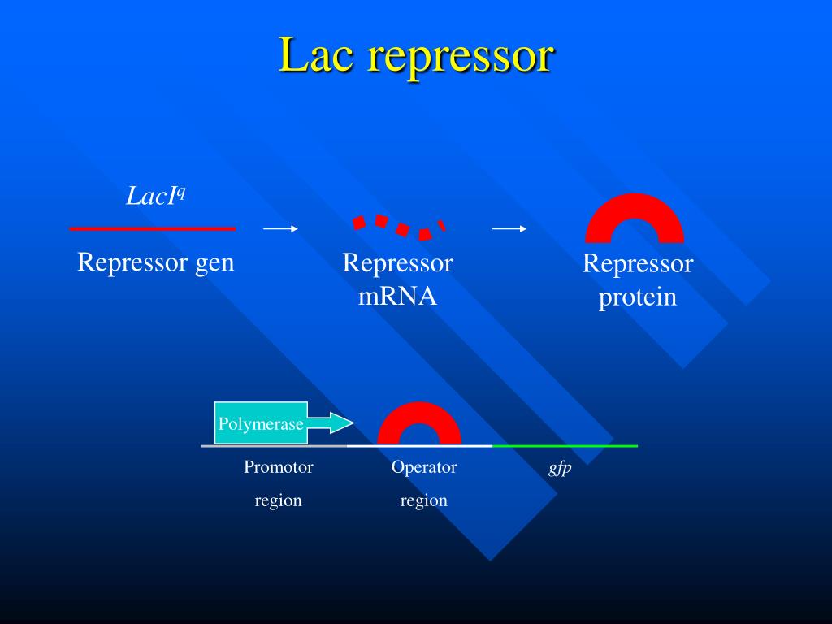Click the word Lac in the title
point(316,54)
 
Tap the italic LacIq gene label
point(155,195)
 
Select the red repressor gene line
point(152,228)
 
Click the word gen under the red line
point(214,264)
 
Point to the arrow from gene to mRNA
point(280,228)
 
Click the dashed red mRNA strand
point(399,227)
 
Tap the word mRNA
point(397,296)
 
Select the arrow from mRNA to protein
point(509,228)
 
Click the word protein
point(637,297)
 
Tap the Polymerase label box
point(261,423)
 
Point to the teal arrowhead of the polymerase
point(342,422)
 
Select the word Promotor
point(279,467)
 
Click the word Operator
point(424,467)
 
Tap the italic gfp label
point(560,468)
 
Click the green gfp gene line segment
point(565,446)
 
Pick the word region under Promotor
point(278,500)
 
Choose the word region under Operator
point(423,500)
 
